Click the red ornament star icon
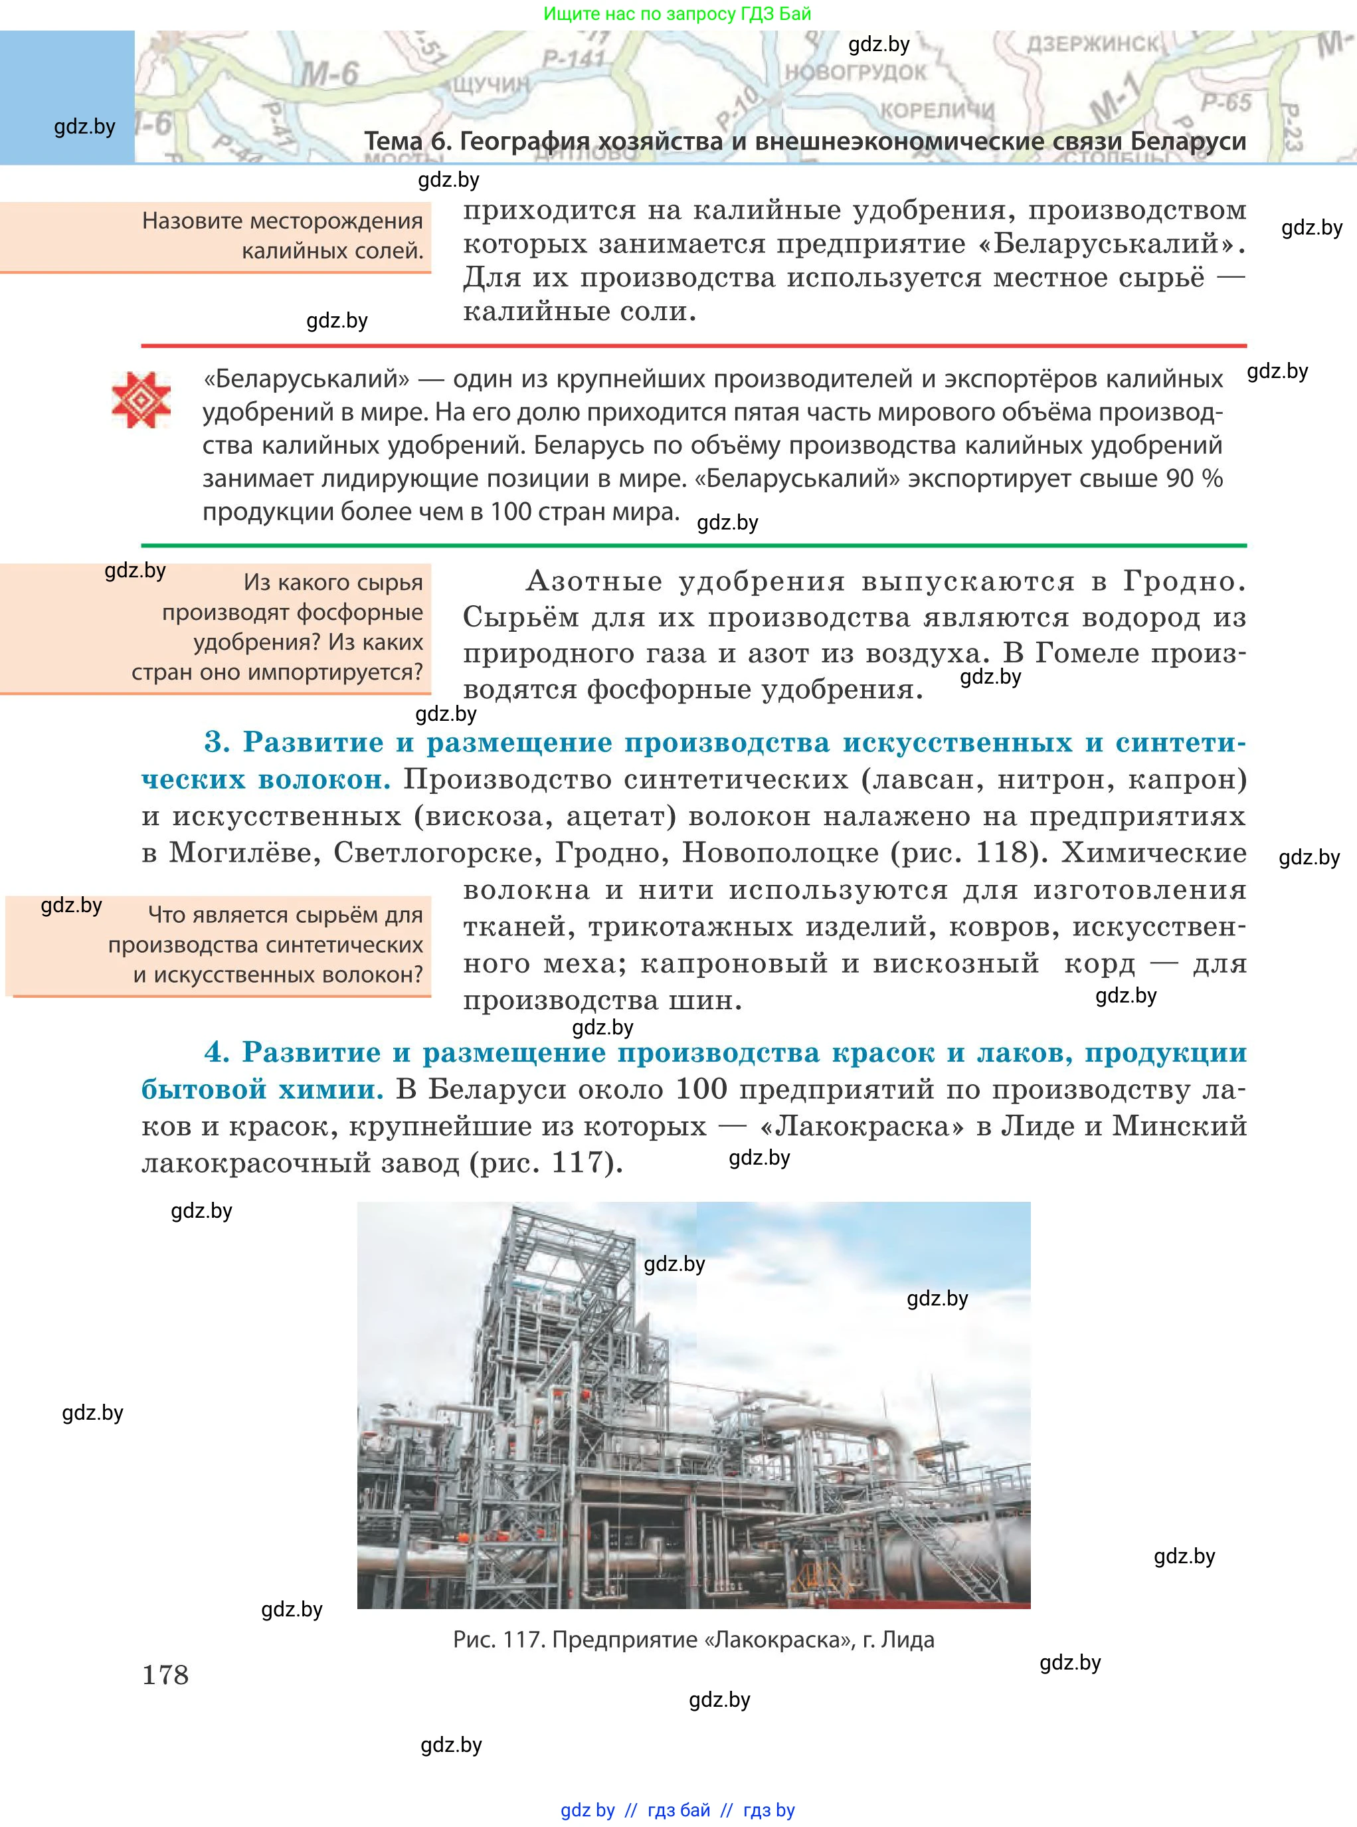[x=141, y=400]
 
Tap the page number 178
[x=165, y=1674]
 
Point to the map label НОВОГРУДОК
[x=855, y=72]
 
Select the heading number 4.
[x=217, y=1052]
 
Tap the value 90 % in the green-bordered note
[x=1194, y=478]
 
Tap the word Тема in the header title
[x=393, y=142]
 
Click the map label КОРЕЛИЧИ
[x=937, y=110]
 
